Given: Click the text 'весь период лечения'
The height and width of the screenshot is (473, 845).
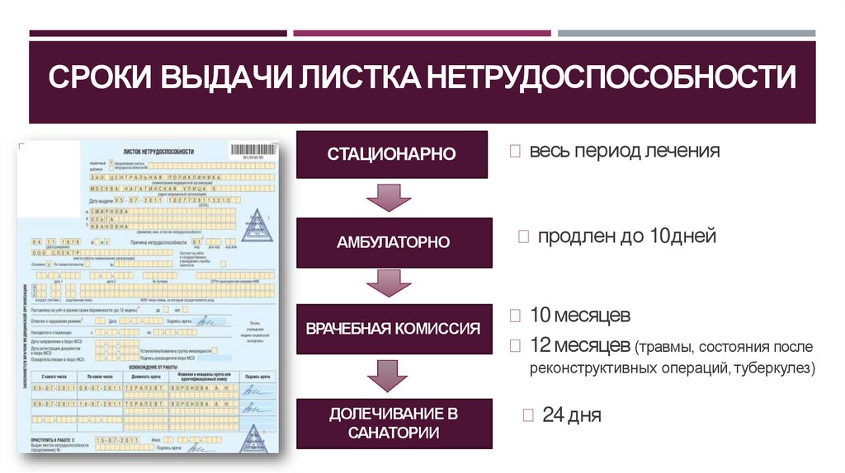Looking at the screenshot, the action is click(625, 152).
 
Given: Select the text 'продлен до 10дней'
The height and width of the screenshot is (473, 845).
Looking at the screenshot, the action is click(627, 236).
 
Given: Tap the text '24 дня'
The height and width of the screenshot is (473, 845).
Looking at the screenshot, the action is click(572, 414).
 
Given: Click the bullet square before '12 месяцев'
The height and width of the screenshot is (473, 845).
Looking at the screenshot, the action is click(516, 344).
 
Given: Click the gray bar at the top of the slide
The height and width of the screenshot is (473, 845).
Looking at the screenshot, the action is click(686, 34).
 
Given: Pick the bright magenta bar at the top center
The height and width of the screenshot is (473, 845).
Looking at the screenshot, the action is click(422, 34).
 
